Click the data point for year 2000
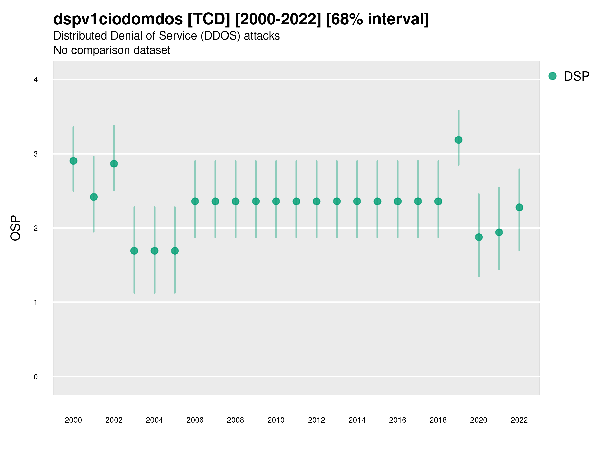(x=73, y=161)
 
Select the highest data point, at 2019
(x=458, y=140)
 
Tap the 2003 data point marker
(x=134, y=251)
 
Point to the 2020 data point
(x=479, y=237)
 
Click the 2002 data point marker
(x=114, y=164)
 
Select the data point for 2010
(x=276, y=201)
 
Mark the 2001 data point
(x=94, y=197)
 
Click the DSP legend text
(x=576, y=77)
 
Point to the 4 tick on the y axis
(x=36, y=80)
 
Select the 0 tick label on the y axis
(x=36, y=377)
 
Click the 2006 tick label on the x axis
(x=195, y=420)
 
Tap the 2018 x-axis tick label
(x=438, y=420)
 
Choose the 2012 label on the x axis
(x=316, y=420)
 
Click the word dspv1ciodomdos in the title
(x=118, y=19)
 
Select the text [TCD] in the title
(x=209, y=19)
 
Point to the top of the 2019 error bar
(x=458, y=111)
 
